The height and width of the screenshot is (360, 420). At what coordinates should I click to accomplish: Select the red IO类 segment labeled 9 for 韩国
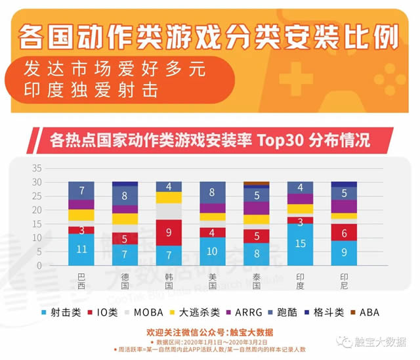click(x=169, y=233)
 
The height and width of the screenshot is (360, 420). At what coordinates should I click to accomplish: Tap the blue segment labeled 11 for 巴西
click(x=81, y=250)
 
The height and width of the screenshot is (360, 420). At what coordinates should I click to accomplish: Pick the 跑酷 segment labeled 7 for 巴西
click(x=81, y=191)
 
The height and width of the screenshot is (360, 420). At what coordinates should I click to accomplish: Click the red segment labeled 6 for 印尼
click(x=344, y=233)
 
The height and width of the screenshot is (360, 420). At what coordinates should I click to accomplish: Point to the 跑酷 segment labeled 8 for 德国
click(x=125, y=196)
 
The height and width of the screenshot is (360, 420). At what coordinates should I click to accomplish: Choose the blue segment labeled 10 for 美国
click(x=213, y=251)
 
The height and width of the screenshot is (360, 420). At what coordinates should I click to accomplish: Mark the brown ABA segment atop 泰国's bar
click(x=256, y=183)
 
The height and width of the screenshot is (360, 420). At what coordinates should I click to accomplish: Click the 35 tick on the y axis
click(x=37, y=166)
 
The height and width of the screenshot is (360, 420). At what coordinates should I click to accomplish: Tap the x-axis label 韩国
click(x=169, y=281)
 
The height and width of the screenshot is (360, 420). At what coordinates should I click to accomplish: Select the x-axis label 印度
click(x=300, y=281)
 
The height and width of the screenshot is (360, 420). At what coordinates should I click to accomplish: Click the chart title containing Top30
click(x=210, y=141)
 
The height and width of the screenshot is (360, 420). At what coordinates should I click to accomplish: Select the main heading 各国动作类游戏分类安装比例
click(x=209, y=37)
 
